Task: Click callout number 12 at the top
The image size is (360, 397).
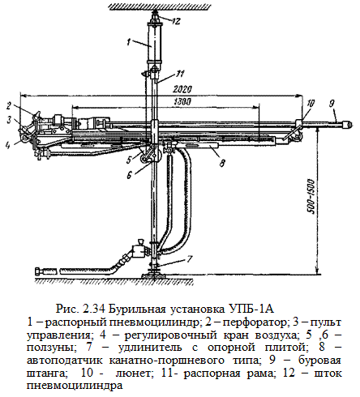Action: click(176, 21)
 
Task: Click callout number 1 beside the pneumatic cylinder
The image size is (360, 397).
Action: click(129, 41)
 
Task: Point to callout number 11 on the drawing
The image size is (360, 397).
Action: click(180, 73)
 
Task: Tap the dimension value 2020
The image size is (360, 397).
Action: click(182, 89)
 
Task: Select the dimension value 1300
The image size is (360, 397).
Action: click(182, 102)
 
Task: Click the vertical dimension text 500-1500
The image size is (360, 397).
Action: click(311, 196)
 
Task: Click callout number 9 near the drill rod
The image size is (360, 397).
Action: click(332, 104)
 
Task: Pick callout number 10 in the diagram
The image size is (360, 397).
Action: click(311, 104)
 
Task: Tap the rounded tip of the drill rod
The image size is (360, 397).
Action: click(347, 125)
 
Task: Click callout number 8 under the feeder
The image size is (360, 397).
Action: click(222, 163)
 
